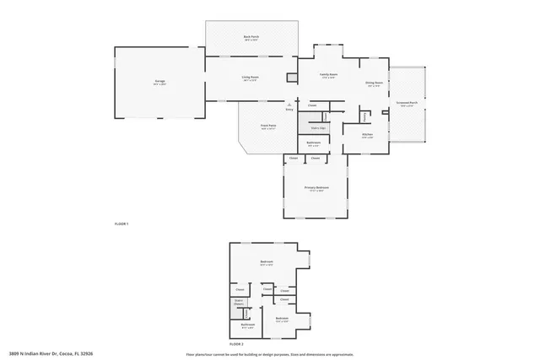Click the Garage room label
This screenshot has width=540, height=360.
pos(159,81)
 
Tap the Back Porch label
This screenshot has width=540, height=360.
pos(250,38)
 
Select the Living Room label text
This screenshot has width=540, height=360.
pos(249,78)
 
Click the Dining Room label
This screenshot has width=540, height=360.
pos(374,83)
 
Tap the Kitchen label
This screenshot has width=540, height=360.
pos(367,135)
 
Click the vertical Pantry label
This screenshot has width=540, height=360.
pos(365,116)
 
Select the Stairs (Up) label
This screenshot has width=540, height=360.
pos(316,127)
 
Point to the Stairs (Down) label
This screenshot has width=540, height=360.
pos(239,302)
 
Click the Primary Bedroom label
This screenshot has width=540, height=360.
pos(316,187)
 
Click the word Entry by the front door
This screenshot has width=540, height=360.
pos(289,110)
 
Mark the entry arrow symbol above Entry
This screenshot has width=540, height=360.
pos(289,105)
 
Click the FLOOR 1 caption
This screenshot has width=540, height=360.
pos(121,223)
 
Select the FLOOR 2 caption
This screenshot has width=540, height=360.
pos(236,344)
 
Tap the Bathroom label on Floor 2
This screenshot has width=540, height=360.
pos(247,324)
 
